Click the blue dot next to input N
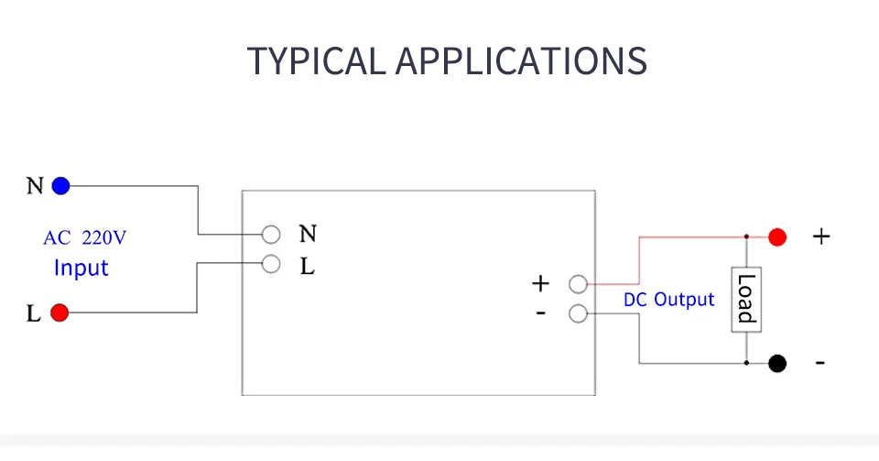[60, 186]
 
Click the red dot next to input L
[60, 313]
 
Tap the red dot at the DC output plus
[777, 237]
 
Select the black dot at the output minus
[777, 364]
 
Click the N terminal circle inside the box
[271, 235]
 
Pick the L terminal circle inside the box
[271, 264]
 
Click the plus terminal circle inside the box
[578, 284]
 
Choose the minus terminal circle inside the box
[578, 313]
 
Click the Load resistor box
[746, 300]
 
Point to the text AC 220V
[84, 237]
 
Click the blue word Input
[81, 268]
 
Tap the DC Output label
[668, 300]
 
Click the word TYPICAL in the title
[316, 60]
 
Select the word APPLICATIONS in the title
[521, 60]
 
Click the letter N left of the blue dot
[35, 186]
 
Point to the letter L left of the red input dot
[34, 313]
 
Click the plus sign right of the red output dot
[821, 236]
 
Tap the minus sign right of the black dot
[820, 364]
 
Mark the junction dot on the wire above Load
[746, 236]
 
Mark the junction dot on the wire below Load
[746, 363]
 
